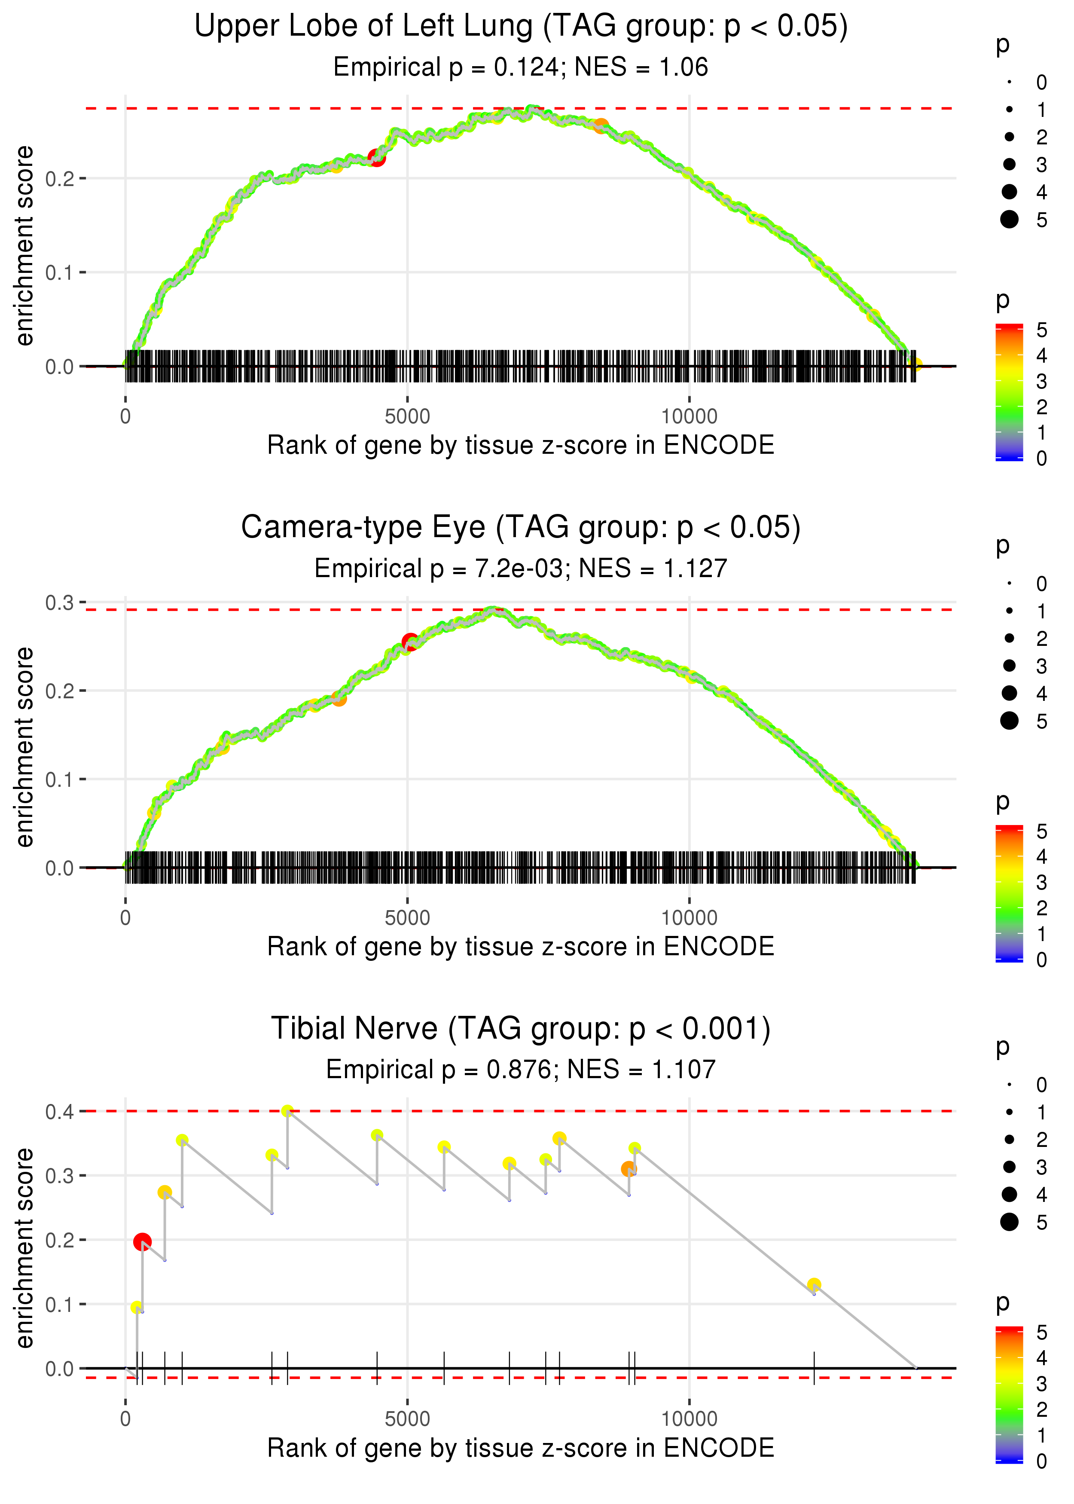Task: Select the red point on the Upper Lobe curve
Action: pos(376,157)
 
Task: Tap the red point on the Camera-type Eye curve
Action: pos(410,642)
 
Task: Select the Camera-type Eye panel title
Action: pos(521,528)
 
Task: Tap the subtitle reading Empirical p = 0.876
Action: pos(521,1070)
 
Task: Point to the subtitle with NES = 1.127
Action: pos(521,568)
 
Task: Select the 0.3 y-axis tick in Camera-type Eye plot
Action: pos(60,602)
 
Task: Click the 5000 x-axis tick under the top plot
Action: pos(407,417)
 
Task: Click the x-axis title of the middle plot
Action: pos(521,947)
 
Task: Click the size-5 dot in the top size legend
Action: pos(1009,219)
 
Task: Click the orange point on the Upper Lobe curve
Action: pos(600,125)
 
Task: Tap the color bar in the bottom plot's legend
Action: pos(1009,1396)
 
